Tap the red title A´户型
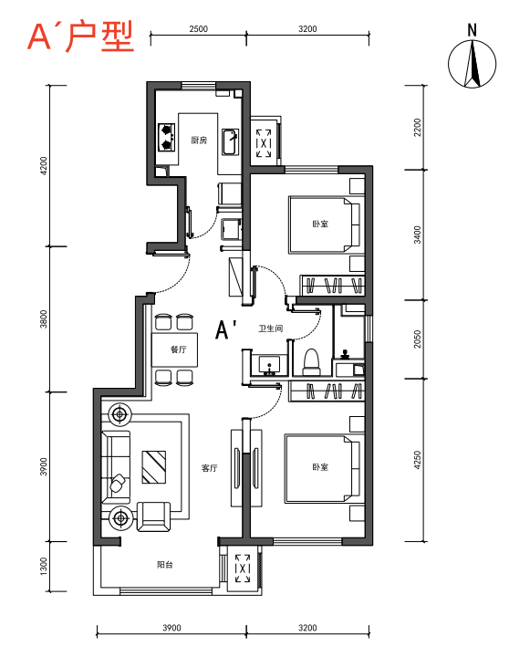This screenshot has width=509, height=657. pos(80,36)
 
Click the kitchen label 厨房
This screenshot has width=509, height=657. pos(199,140)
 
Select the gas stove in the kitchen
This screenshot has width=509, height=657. pos(166,137)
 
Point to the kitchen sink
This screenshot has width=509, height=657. pos(230,142)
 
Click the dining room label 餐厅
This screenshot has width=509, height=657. pos(179,349)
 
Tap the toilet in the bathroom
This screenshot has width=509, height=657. pos(311,362)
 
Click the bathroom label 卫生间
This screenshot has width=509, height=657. pos(271,328)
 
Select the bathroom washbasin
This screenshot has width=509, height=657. pos(268,365)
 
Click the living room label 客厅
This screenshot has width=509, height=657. pos(210,468)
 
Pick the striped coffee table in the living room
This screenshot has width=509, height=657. pos(154,467)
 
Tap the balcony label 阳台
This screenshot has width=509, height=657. pos(164,565)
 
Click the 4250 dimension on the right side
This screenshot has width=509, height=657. pos(417,460)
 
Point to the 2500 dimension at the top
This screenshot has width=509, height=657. pos(199,29)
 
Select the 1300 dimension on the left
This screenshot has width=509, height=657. pos(44,567)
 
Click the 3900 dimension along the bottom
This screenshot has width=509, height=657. pos(171,628)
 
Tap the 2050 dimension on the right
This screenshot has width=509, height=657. pos(417,339)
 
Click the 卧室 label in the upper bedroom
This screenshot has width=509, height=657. pos(320,224)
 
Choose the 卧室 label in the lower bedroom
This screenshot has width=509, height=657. pos(320,467)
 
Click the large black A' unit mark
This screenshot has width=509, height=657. pos(227,329)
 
